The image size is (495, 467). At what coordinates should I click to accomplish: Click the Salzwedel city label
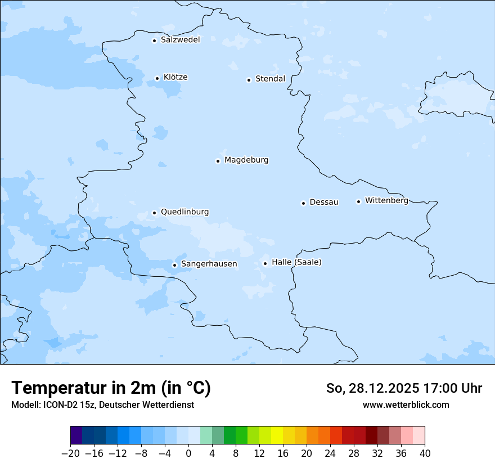coord(180,40)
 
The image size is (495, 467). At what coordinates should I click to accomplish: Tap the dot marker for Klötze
coord(157,78)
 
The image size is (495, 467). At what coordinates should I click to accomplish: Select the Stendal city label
coord(270,79)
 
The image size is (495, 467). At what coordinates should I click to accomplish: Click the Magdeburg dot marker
coord(218,161)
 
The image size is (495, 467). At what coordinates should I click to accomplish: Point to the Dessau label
coord(324,202)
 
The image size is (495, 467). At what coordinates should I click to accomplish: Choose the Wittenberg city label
coord(386,201)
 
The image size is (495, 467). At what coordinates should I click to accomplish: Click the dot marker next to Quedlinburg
coord(154,213)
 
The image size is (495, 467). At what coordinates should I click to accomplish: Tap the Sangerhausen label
coord(209,264)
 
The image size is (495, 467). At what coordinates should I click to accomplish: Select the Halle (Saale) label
coord(296,262)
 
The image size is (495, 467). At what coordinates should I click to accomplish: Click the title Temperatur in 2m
coord(111,388)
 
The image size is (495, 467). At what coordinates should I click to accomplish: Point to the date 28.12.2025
coord(384,388)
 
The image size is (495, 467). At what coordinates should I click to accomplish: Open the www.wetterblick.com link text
coord(406,405)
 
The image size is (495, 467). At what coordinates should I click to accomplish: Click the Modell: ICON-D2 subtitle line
coord(102,405)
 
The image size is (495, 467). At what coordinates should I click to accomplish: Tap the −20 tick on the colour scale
coord(70,453)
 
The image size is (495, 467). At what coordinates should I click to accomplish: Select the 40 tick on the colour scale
coord(425,453)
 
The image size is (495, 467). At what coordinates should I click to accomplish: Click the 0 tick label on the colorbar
coord(188,453)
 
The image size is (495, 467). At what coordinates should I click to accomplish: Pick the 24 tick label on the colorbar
coord(330,453)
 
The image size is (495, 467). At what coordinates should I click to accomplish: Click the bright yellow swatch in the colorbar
coord(277,435)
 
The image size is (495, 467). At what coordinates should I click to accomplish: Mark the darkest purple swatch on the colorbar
coord(76,435)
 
